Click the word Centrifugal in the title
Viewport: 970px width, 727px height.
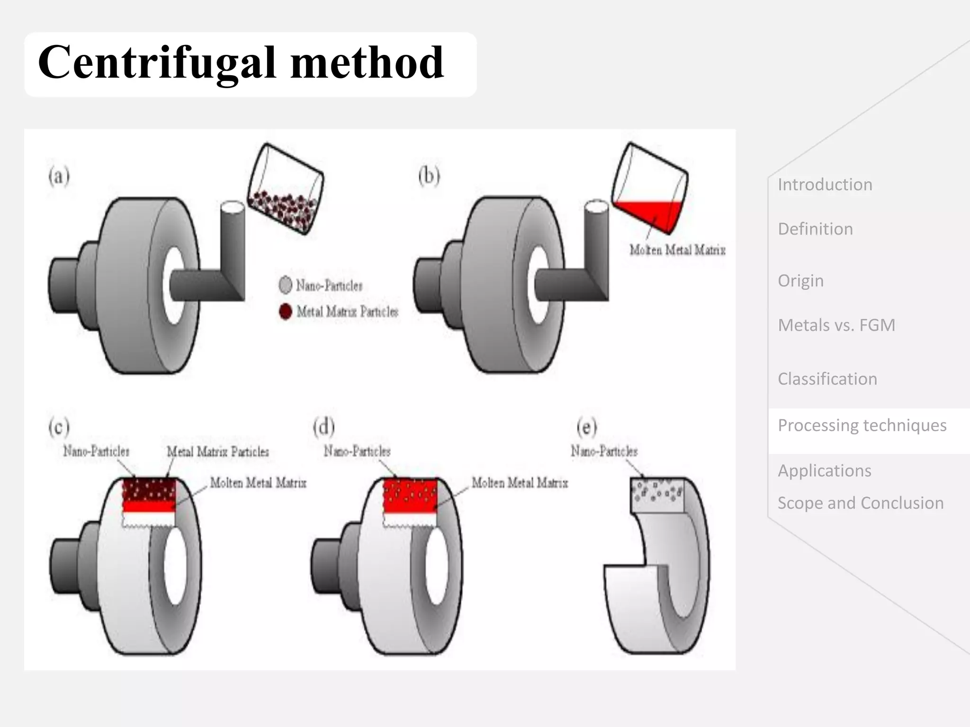156,63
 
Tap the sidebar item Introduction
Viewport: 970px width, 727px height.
825,185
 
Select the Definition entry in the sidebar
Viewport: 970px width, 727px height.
815,229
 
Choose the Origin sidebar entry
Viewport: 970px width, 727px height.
800,281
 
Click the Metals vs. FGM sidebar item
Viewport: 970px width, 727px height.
836,325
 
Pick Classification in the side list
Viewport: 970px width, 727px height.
827,379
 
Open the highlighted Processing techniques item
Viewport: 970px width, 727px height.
862,426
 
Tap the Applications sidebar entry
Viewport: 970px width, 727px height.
824,471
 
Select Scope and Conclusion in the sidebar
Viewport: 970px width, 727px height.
861,503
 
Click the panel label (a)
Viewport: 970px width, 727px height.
59,177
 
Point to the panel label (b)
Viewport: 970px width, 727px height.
429,176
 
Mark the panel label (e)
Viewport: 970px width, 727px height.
586,427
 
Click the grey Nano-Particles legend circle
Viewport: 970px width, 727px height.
286,285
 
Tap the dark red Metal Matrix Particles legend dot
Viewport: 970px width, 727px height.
286,311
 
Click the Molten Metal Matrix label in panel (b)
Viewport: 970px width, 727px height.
677,250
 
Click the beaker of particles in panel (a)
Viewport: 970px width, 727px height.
286,189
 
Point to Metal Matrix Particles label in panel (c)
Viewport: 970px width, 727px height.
217,452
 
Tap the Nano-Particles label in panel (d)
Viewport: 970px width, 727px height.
357,451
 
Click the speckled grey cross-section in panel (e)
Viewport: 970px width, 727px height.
657,495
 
